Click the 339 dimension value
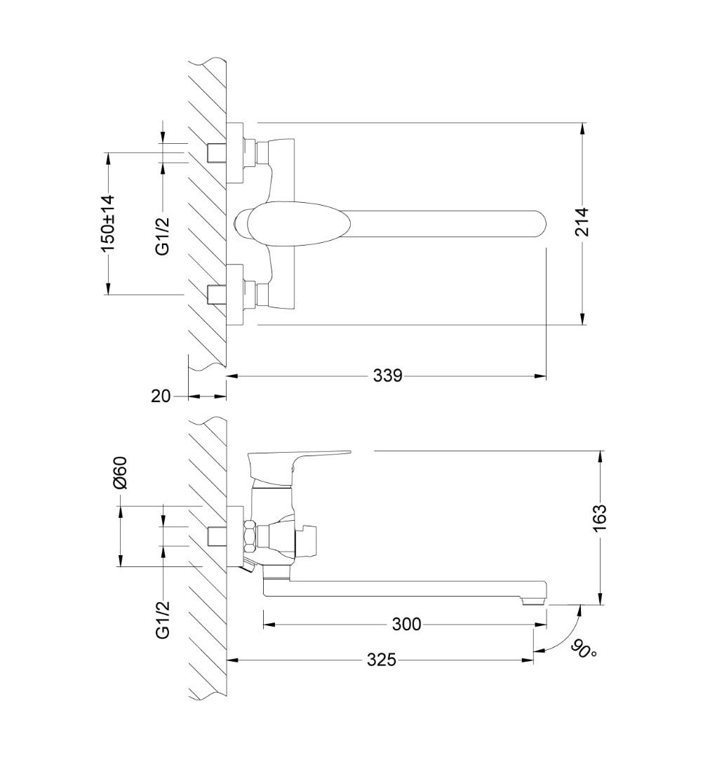pyautogui.click(x=387, y=375)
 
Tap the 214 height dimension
pyautogui.click(x=582, y=221)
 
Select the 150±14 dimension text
pyautogui.click(x=108, y=223)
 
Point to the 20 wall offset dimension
pyautogui.click(x=161, y=396)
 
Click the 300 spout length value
pyautogui.click(x=406, y=624)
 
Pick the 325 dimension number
pyautogui.click(x=382, y=659)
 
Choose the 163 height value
pyautogui.click(x=599, y=518)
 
